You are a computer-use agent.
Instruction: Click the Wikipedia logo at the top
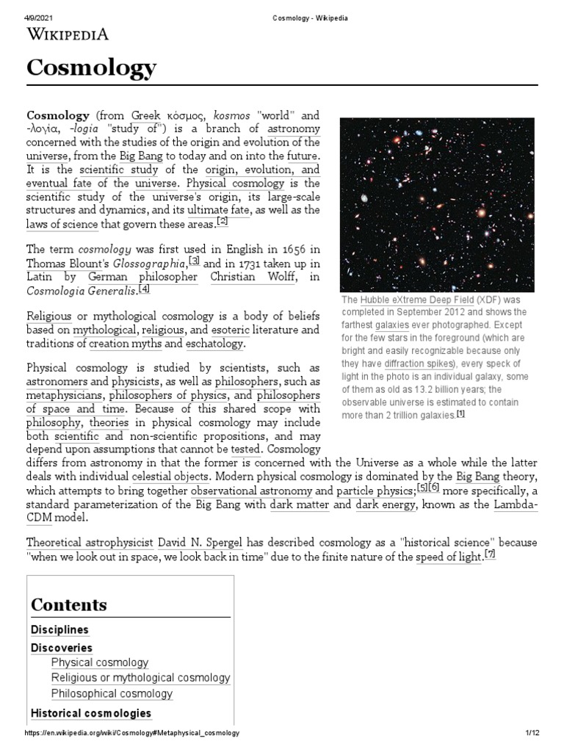(x=68, y=34)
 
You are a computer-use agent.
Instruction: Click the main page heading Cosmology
(x=91, y=68)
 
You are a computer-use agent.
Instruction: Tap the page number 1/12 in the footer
(x=532, y=733)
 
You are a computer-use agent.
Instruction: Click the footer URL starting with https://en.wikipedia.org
(x=131, y=733)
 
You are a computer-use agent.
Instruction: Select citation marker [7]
(x=490, y=554)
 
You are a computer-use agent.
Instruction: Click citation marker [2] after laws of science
(x=223, y=222)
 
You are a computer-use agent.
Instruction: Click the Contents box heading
(x=69, y=604)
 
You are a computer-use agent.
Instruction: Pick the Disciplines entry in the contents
(x=59, y=629)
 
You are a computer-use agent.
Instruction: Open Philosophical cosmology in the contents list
(x=112, y=693)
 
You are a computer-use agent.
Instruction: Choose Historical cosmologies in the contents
(x=91, y=712)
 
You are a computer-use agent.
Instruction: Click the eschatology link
(x=214, y=344)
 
